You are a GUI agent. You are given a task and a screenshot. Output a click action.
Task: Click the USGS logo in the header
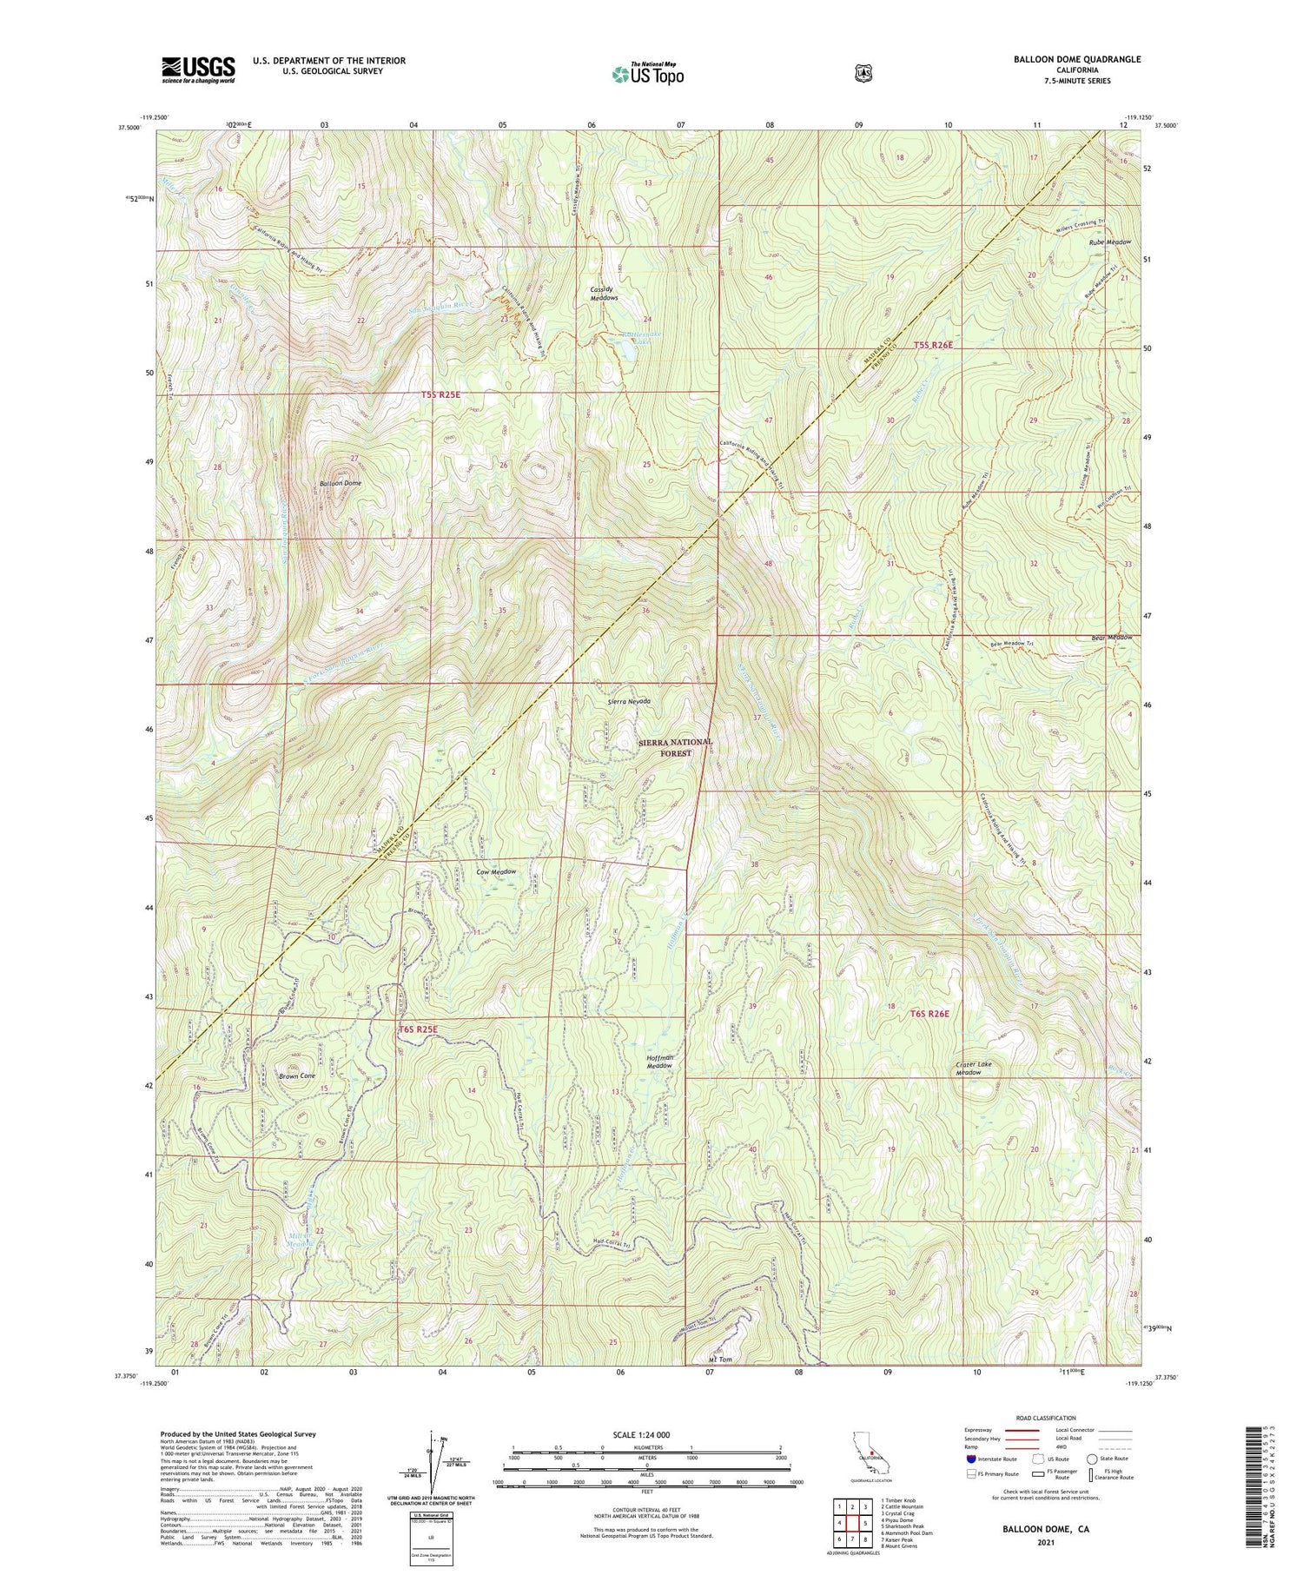pos(198,69)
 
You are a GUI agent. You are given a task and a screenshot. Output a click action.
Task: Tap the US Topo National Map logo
pos(648,74)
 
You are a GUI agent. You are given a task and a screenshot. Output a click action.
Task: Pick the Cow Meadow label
pos(496,871)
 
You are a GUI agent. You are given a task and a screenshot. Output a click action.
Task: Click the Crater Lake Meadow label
pos(973,1068)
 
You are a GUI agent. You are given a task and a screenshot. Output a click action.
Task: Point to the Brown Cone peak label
pos(297,1075)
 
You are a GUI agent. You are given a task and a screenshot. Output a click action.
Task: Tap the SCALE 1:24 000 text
pos(642,1434)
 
